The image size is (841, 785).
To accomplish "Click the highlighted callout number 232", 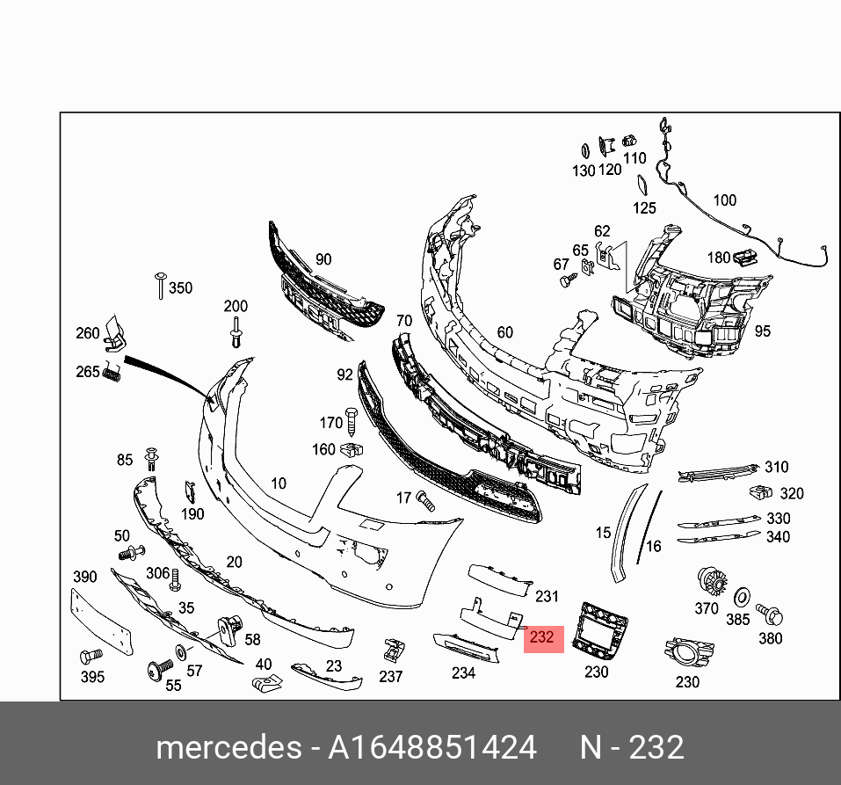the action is [x=541, y=637].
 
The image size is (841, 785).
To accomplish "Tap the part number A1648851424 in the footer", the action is [x=431, y=747].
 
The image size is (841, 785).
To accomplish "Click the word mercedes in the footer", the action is [x=229, y=747].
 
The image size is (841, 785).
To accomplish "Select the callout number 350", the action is [x=181, y=288].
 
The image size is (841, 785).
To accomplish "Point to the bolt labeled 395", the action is [x=91, y=656].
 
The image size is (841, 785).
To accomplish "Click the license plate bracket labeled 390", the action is [x=101, y=621].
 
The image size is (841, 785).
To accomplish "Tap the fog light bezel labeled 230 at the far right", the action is [x=689, y=652].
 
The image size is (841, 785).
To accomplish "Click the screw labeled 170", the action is [x=352, y=422].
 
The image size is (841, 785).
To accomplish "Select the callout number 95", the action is [x=762, y=331].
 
